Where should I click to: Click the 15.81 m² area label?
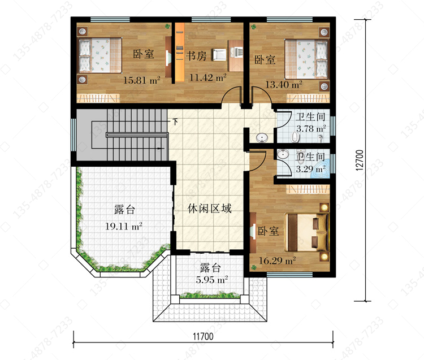click(x=142, y=80)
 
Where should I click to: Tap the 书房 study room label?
click(x=196, y=56)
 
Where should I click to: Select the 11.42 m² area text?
click(x=207, y=78)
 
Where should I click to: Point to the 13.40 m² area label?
click(x=284, y=85)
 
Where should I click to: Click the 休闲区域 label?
click(x=210, y=209)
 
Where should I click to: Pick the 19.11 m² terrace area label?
click(x=124, y=226)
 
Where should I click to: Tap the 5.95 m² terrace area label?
click(x=212, y=279)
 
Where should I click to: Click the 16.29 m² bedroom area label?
click(x=278, y=261)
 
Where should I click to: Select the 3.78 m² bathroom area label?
click(x=311, y=128)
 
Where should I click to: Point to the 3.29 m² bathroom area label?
click(x=311, y=169)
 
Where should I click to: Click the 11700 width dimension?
click(x=203, y=336)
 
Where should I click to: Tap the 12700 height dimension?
click(x=360, y=161)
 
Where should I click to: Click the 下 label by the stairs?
click(x=175, y=122)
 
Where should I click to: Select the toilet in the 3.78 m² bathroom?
click(x=295, y=137)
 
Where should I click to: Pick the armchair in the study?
click(x=219, y=55)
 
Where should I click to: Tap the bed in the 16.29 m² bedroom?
click(x=306, y=232)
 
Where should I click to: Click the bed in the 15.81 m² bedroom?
click(x=99, y=55)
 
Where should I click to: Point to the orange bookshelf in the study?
click(x=180, y=53)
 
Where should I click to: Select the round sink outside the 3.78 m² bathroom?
click(x=262, y=138)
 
